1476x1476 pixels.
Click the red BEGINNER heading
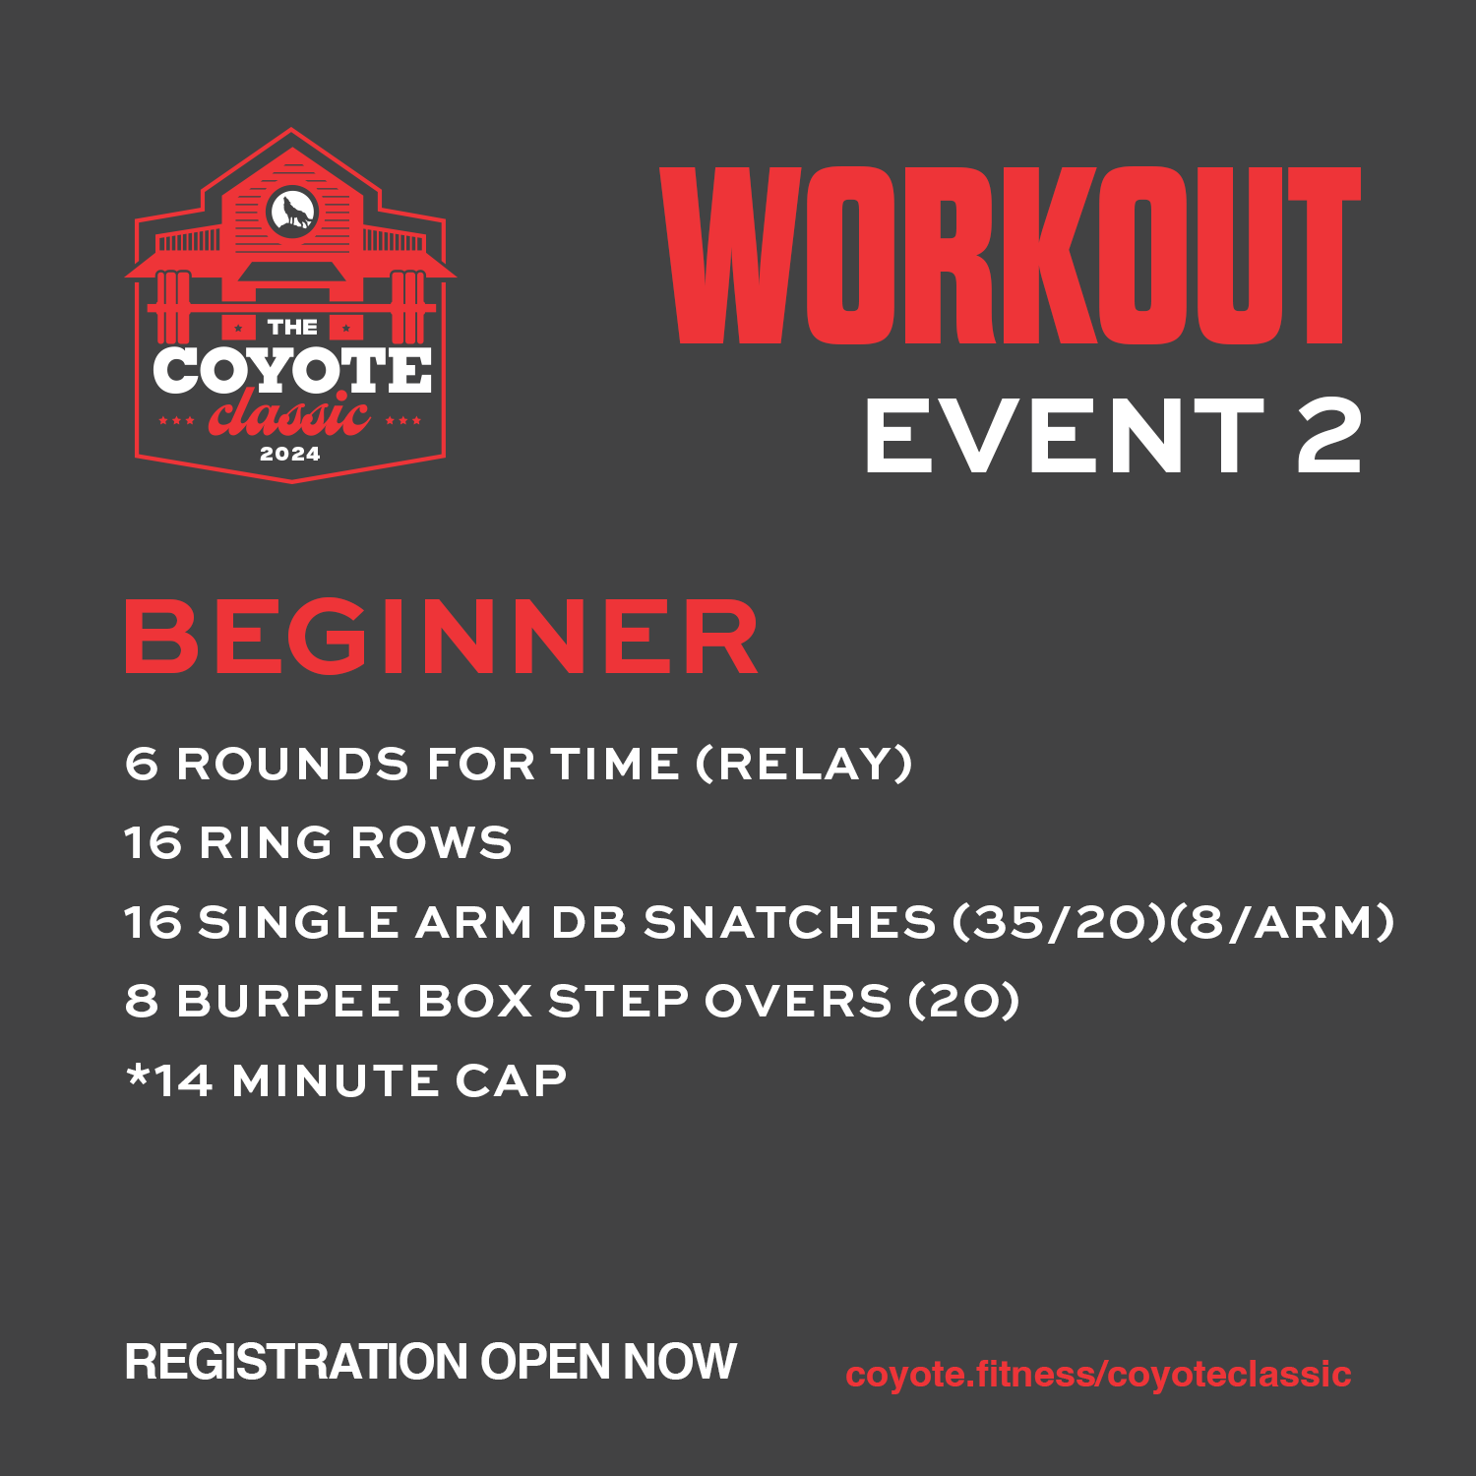click(x=441, y=638)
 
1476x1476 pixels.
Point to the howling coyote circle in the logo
click(x=291, y=211)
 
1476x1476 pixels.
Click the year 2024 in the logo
click(x=290, y=454)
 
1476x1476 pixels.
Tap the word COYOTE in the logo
click(x=292, y=372)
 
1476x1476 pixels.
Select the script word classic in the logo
click(x=289, y=416)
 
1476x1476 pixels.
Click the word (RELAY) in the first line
click(x=804, y=764)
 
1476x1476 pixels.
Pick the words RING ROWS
click(x=355, y=843)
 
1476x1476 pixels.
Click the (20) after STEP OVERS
click(x=963, y=1002)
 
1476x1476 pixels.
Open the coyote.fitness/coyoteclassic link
click(x=1098, y=1374)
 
